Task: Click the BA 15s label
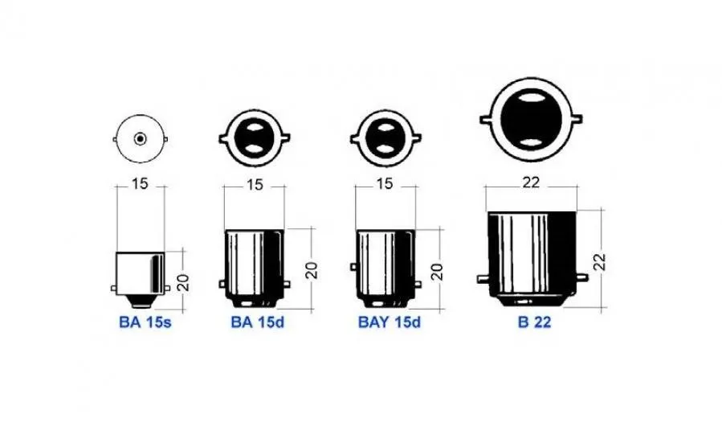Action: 145,322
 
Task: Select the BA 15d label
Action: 257,322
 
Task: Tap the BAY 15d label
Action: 389,322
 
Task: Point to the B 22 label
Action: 534,322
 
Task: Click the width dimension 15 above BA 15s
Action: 140,184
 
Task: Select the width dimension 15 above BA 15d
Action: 254,185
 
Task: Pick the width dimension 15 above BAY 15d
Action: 385,184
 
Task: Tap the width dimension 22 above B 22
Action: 530,182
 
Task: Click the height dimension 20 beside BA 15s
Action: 183,282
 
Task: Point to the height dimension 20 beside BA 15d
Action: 312,270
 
